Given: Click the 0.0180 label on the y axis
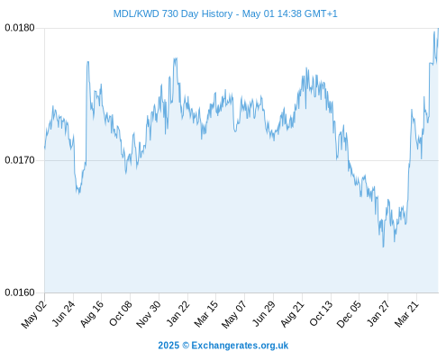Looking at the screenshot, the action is pyautogui.click(x=20, y=28).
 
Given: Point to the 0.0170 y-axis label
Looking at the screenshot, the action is pyautogui.click(x=20, y=160).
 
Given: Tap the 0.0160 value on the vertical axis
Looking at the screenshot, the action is pyautogui.click(x=20, y=292).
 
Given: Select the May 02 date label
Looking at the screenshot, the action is pyautogui.click(x=33, y=314).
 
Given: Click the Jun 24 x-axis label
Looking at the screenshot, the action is pyautogui.click(x=63, y=313).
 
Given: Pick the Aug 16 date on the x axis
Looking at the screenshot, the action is pyautogui.click(x=91, y=313).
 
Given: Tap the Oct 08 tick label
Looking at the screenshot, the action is pyautogui.click(x=120, y=313).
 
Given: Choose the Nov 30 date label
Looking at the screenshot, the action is pyautogui.click(x=148, y=314).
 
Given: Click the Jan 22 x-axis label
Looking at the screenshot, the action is pyautogui.click(x=177, y=313).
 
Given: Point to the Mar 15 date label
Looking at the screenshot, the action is pyautogui.click(x=205, y=313).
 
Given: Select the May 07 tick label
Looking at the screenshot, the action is pyautogui.click(x=234, y=314).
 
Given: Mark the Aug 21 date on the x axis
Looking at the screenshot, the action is pyautogui.click(x=292, y=313).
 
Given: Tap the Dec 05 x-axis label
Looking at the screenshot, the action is pyautogui.click(x=349, y=313).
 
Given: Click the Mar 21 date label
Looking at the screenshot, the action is pyautogui.click(x=406, y=313).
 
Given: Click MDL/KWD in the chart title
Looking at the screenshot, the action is pyautogui.click(x=136, y=13).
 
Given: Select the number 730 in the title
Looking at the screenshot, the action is pyautogui.click(x=170, y=13).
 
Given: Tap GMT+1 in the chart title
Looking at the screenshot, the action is pyautogui.click(x=321, y=13).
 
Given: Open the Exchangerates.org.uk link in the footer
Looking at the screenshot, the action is pyautogui.click(x=240, y=346).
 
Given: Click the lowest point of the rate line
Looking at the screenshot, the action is pyautogui.click(x=383, y=247).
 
